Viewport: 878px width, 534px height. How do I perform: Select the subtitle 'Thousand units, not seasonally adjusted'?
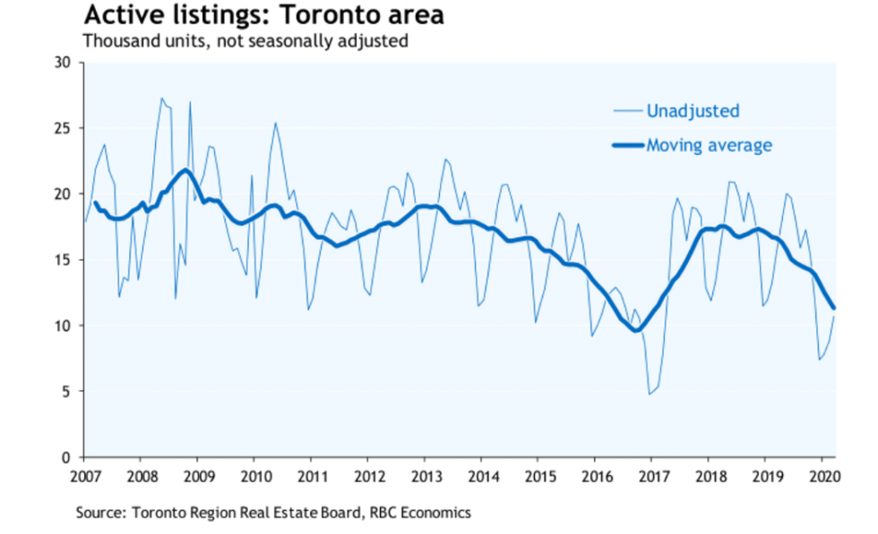click(245, 40)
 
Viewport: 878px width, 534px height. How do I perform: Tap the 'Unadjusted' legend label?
click(694, 111)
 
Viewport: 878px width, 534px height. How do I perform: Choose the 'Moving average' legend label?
click(710, 145)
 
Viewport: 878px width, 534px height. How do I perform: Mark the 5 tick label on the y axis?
click(66, 392)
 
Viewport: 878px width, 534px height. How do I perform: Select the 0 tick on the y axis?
click(66, 457)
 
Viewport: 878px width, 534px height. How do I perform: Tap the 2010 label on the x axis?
click(254, 475)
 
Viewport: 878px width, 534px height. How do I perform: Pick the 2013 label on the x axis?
click(426, 475)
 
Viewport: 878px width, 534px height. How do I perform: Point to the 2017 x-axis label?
click(653, 475)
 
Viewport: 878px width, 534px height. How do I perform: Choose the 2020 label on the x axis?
click(823, 475)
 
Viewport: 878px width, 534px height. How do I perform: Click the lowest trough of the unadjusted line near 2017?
click(650, 394)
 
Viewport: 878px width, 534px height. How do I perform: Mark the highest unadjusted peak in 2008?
click(161, 99)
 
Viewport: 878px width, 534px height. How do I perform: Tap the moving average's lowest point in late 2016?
click(636, 331)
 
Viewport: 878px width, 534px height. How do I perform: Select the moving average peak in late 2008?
click(185, 169)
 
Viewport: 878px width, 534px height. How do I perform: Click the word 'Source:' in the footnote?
click(101, 512)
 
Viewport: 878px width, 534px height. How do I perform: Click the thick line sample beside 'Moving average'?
click(627, 145)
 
